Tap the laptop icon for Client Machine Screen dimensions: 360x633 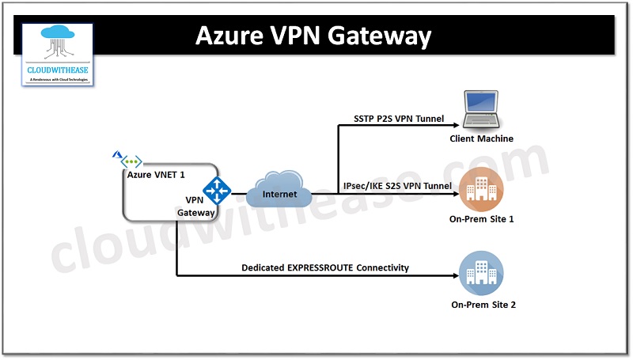[482, 109]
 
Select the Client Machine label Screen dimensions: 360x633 [482, 138]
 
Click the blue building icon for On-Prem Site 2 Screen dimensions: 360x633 [481, 274]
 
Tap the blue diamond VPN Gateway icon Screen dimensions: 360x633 [216, 191]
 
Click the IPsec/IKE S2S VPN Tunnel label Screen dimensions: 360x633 [397, 186]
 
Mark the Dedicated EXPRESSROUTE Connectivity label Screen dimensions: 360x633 [325, 267]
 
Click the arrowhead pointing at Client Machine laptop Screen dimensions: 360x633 [454, 125]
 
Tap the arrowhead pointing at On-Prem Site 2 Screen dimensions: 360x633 [454, 276]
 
